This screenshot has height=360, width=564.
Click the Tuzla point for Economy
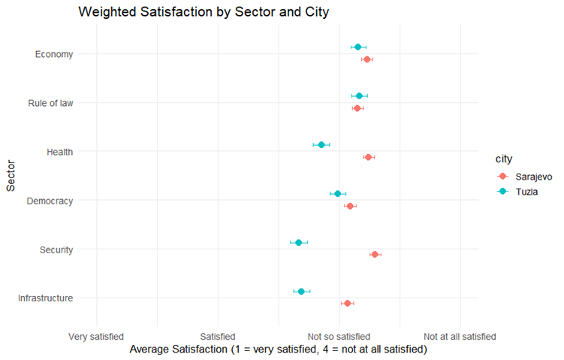click(x=358, y=47)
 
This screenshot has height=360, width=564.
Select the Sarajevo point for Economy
click(x=367, y=59)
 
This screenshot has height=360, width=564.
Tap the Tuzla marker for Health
click(x=321, y=145)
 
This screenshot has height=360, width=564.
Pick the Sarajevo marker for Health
click(x=368, y=157)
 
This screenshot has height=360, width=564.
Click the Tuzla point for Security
click(x=299, y=243)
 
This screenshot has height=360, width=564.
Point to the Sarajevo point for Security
click(x=375, y=255)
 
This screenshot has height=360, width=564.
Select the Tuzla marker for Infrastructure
click(x=301, y=292)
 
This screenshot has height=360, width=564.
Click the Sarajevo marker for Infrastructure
click(x=348, y=304)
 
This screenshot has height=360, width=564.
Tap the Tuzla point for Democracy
click(x=338, y=194)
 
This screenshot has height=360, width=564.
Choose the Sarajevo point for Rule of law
click(x=357, y=108)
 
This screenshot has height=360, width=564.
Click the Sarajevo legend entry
click(x=525, y=177)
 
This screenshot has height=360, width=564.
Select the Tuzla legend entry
click(x=517, y=192)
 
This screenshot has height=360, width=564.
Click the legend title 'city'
click(x=504, y=159)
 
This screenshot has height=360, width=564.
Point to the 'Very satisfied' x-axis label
click(x=96, y=337)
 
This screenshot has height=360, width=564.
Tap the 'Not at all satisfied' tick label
click(x=460, y=337)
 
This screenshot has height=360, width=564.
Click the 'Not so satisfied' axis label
click(x=339, y=337)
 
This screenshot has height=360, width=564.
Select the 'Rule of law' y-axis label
click(x=50, y=103)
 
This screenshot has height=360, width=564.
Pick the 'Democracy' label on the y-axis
click(x=50, y=201)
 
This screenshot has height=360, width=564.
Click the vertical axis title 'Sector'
click(x=11, y=176)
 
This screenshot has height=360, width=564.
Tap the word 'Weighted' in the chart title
click(x=107, y=12)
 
